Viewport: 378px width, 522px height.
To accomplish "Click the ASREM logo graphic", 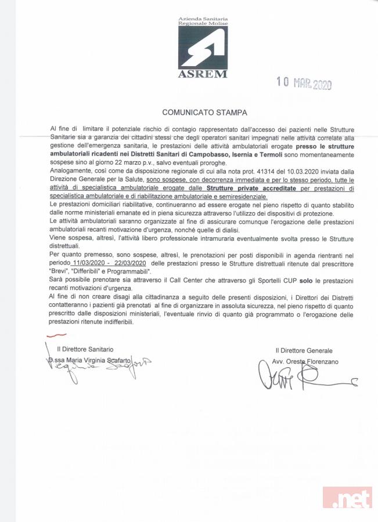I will click(202, 48).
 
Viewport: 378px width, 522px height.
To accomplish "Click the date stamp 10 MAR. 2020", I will click(304, 84).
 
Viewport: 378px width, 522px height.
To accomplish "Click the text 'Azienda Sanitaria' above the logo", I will click(203, 19).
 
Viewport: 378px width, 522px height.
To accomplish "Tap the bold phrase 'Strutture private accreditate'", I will click(248, 188).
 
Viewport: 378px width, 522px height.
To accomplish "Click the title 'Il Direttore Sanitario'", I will click(85, 349).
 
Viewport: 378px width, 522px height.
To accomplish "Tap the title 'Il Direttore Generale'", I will click(304, 350).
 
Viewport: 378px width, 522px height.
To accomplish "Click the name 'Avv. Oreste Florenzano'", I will click(305, 361).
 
